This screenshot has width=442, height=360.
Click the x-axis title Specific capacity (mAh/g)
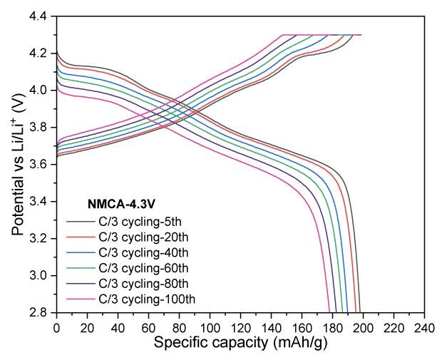click(241, 343)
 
